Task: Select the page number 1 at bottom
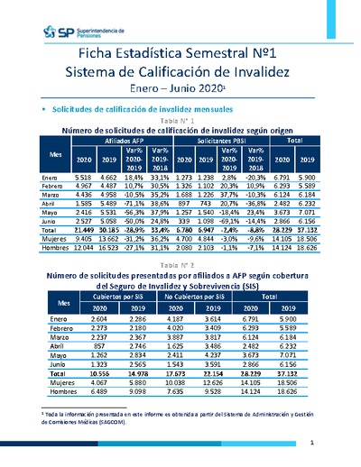(x=310, y=442)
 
